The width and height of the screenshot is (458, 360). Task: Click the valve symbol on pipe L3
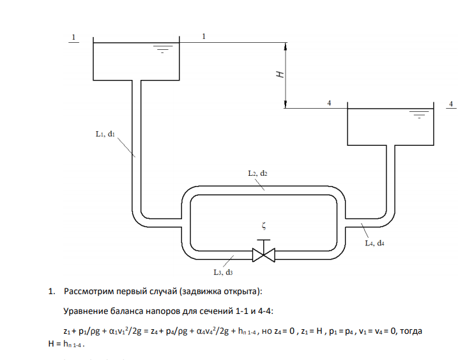point(263,253)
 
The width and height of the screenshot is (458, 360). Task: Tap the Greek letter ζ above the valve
point(263,225)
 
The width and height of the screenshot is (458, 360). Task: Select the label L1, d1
point(104,134)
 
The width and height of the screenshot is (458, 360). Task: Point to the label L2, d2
point(257,173)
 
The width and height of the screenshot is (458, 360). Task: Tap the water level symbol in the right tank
point(419,116)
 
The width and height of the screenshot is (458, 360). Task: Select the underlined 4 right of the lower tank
point(451,102)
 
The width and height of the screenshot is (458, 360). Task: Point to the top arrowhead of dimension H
point(286,47)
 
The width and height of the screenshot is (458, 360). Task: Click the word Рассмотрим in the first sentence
point(89,293)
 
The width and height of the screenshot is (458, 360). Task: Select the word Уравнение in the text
point(86,312)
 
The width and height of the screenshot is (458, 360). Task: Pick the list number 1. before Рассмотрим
point(52,293)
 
